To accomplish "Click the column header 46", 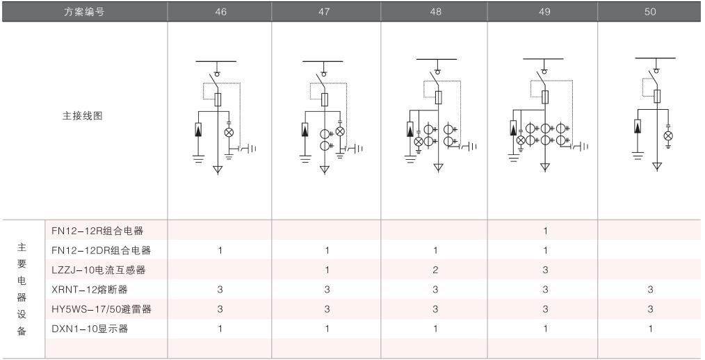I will point(220,12).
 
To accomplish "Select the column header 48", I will point(435,12).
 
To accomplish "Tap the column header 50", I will point(650,12).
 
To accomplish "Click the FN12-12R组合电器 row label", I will point(101,230).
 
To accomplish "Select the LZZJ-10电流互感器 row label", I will point(101,270).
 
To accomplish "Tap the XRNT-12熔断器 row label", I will point(90,289).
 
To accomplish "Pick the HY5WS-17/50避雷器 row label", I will point(102,309).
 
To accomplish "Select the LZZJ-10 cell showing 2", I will point(435,270).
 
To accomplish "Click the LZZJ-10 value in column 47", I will point(327,270).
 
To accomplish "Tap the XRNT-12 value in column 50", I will point(650,289).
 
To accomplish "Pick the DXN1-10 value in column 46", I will point(220,328).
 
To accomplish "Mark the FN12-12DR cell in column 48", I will point(435,250).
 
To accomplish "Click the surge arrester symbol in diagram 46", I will point(198,129).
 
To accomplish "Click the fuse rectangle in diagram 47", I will point(325,100).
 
